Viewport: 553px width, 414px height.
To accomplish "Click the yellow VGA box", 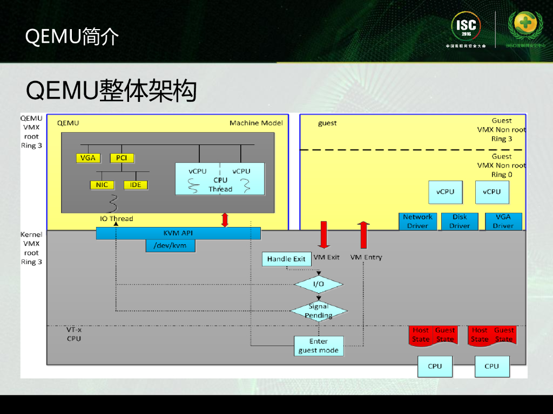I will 87,158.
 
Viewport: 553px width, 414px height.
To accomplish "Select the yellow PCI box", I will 122,158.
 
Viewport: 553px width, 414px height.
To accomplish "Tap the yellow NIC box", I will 102,185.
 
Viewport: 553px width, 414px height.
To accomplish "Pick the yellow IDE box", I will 136,185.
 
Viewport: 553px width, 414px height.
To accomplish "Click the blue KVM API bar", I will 178,233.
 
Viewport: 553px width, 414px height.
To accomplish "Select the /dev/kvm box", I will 170,246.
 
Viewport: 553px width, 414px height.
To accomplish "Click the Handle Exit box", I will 286,259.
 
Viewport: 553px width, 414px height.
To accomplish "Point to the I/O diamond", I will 319,284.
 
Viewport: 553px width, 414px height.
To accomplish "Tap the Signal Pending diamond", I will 319,311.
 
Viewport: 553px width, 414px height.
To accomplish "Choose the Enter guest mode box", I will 319,346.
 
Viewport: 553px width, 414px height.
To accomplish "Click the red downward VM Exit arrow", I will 323,234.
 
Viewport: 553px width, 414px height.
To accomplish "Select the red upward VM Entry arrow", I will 363,234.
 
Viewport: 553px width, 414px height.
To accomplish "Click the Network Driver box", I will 417,221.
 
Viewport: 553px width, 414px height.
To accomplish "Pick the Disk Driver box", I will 460,221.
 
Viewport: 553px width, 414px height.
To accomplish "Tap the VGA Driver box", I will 503,221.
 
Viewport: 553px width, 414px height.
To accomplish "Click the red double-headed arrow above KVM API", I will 225,220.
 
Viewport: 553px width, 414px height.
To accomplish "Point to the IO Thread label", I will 116,218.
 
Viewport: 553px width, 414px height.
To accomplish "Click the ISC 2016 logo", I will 466,27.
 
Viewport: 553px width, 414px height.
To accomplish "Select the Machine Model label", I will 256,123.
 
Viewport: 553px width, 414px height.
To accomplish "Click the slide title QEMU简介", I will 72,37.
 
